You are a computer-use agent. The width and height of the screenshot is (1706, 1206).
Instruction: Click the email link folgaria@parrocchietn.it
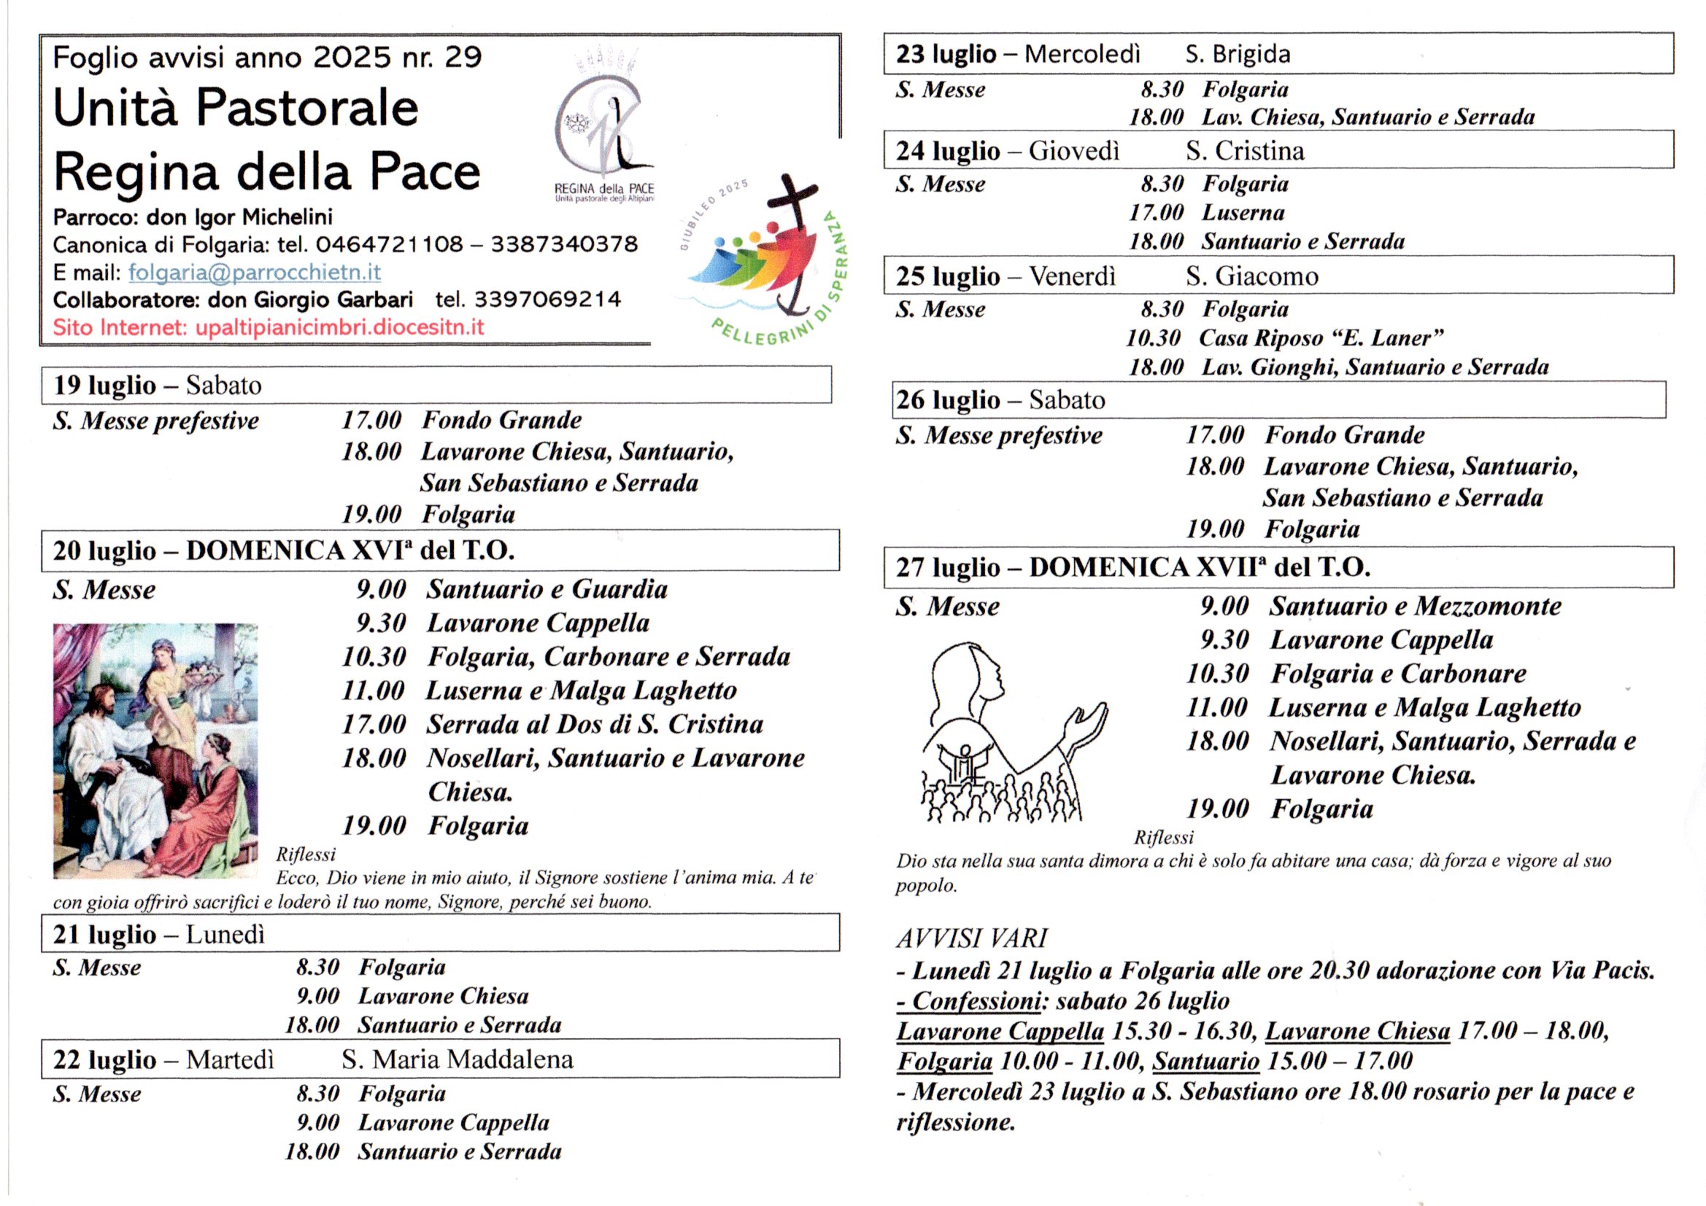254,273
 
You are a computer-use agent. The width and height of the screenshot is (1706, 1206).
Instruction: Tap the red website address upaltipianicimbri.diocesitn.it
339,327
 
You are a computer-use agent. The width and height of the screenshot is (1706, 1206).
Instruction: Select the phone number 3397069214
547,299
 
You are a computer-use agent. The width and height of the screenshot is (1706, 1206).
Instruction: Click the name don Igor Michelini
239,217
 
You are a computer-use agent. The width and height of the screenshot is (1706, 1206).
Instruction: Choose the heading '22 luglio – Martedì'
163,1059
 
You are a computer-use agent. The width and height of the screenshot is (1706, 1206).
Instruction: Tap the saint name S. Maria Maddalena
458,1059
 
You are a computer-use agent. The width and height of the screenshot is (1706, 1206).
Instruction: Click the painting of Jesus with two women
155,751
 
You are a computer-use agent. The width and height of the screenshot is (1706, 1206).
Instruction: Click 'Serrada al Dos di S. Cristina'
595,724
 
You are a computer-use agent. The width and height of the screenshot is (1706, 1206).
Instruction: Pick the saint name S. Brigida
1238,54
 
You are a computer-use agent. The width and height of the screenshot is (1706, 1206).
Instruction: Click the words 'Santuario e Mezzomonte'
1415,606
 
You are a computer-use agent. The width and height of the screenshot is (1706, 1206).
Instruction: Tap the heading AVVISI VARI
971,938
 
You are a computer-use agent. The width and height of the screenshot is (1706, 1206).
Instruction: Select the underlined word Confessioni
976,1001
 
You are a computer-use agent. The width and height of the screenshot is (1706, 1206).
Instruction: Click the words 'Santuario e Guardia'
547,590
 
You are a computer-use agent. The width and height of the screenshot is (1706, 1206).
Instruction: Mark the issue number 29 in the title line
463,57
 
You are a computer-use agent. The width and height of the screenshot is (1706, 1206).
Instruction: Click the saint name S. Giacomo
1252,276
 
